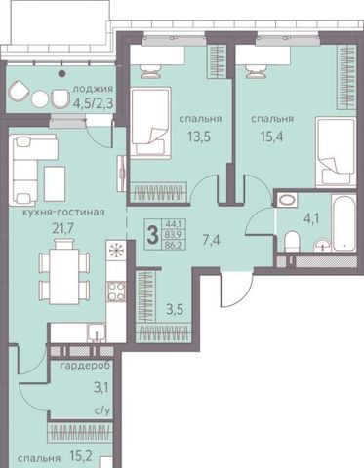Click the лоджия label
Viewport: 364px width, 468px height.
[93, 89]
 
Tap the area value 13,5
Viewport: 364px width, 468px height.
[199, 136]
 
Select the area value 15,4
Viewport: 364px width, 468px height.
[271, 136]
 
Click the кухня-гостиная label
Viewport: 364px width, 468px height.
[63, 213]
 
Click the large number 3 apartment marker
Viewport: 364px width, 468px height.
[152, 235]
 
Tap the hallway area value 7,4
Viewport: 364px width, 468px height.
[211, 240]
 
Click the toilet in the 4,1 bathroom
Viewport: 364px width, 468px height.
[292, 242]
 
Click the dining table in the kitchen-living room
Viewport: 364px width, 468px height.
[63, 271]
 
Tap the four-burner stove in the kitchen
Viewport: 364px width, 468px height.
[116, 292]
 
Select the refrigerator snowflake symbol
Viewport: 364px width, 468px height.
[115, 251]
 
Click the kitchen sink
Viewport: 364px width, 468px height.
[96, 332]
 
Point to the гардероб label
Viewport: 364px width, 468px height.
[85, 365]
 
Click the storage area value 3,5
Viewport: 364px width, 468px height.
[175, 310]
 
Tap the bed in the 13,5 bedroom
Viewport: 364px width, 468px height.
[151, 121]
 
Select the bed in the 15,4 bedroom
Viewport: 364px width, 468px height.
[335, 152]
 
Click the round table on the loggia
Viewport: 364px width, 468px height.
[41, 97]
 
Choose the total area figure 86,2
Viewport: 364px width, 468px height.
[175, 245]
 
